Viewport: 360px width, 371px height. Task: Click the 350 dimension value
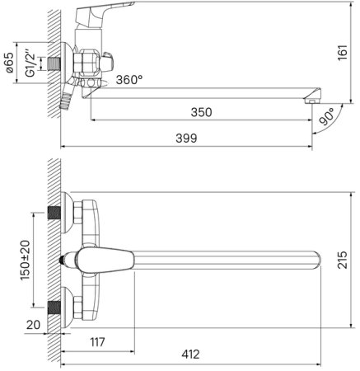(201, 112)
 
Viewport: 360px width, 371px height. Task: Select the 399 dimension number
(186, 139)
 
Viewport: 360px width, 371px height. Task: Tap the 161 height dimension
(343, 52)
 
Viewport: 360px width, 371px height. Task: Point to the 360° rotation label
(129, 80)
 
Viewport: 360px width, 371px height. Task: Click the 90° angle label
(327, 116)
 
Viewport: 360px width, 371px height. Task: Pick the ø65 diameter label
(9, 63)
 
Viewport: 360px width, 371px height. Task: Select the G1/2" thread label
(30, 63)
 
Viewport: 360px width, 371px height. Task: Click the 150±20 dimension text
(26, 260)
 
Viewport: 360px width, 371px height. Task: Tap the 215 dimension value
(343, 260)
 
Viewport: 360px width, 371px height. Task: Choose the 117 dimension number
(97, 342)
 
